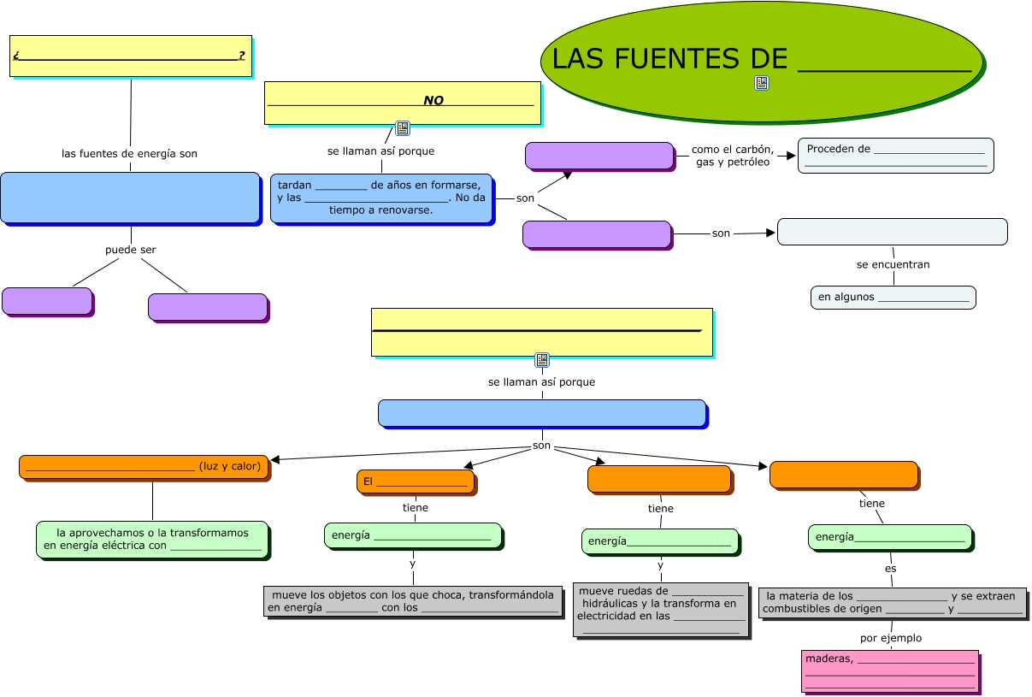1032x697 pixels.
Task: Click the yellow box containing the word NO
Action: tap(402, 102)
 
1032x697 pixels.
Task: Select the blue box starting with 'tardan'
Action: tap(381, 198)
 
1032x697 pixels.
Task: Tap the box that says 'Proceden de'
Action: tap(895, 155)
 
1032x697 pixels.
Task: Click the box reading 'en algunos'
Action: tap(893, 297)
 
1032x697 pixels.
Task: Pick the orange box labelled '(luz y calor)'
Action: tap(144, 467)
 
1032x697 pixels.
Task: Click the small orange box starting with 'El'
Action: tap(415, 481)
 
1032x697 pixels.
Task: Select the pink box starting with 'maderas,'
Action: tap(889, 670)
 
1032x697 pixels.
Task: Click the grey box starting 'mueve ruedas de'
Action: tap(660, 609)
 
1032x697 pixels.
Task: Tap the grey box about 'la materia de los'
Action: tap(892, 602)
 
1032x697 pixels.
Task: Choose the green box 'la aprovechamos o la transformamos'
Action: tap(152, 539)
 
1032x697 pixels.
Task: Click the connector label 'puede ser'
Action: tap(131, 250)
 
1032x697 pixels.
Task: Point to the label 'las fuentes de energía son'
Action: tap(129, 154)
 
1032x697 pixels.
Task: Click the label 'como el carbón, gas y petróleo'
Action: tap(733, 156)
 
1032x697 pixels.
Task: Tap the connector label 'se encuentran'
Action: tap(893, 264)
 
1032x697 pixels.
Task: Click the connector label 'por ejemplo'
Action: tap(890, 638)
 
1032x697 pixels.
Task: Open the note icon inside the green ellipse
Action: tap(762, 83)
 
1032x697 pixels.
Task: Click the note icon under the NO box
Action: tap(403, 128)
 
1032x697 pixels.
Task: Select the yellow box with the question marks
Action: tap(130, 56)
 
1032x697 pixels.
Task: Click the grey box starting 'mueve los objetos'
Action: tap(413, 601)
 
